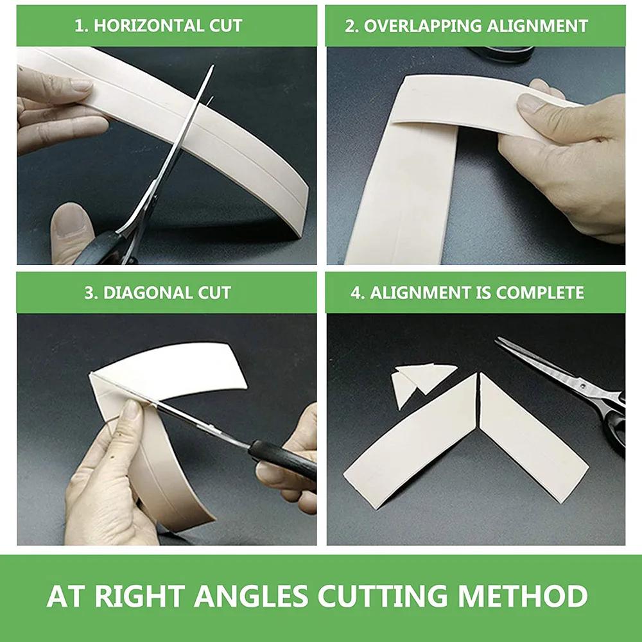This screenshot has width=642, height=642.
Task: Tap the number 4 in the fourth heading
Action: click(x=356, y=293)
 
